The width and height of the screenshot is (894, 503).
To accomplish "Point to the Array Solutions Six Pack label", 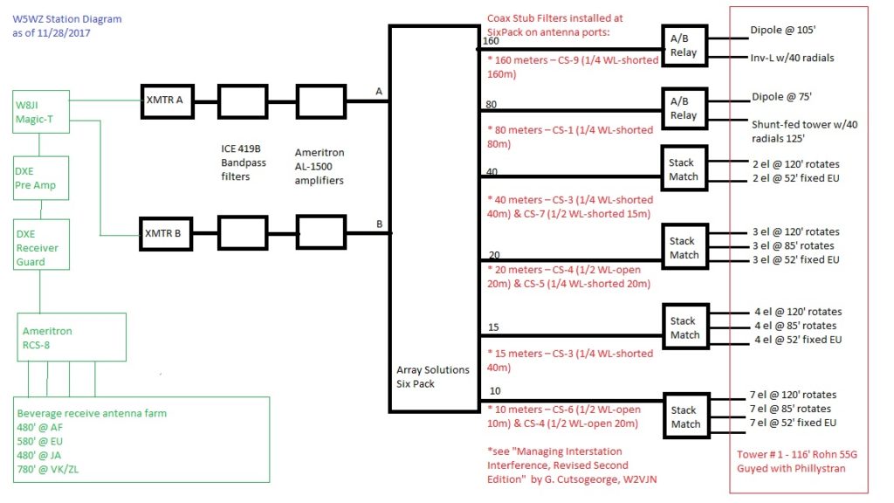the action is pos(433,376).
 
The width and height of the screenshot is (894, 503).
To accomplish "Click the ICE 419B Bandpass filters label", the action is pos(244,162).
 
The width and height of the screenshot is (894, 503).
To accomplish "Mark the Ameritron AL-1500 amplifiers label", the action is pos(320,167).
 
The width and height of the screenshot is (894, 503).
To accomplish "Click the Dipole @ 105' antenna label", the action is pos(783,30).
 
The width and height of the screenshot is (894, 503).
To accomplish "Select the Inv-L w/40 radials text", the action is pos(792,58).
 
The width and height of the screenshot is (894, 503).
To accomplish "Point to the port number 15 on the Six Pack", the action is pos(493,327).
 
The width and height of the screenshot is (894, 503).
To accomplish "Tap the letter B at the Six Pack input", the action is pos(379,224).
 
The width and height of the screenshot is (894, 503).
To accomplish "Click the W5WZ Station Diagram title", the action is pos(67,19).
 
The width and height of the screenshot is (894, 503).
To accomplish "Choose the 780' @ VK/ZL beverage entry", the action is pos(48,469).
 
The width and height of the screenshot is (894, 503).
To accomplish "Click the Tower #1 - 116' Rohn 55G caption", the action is pos(796,454).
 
